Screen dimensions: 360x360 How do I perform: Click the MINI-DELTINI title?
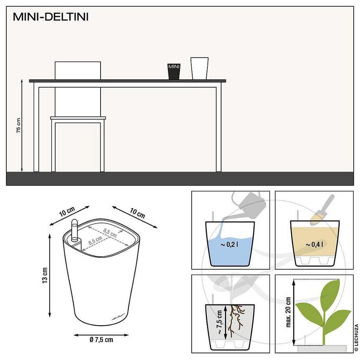(x=51, y=18)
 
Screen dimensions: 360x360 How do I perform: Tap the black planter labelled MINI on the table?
(x=174, y=72)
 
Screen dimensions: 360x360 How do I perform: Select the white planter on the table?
(x=199, y=68)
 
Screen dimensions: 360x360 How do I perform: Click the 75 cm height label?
(x=18, y=125)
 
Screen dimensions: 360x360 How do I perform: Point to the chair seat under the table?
(x=78, y=118)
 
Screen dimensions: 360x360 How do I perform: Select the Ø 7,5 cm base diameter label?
(x=101, y=340)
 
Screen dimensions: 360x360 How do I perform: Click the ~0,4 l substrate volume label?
(x=314, y=245)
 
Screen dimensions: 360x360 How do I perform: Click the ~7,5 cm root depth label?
(x=220, y=321)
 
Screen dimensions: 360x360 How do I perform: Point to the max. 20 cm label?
(x=288, y=312)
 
